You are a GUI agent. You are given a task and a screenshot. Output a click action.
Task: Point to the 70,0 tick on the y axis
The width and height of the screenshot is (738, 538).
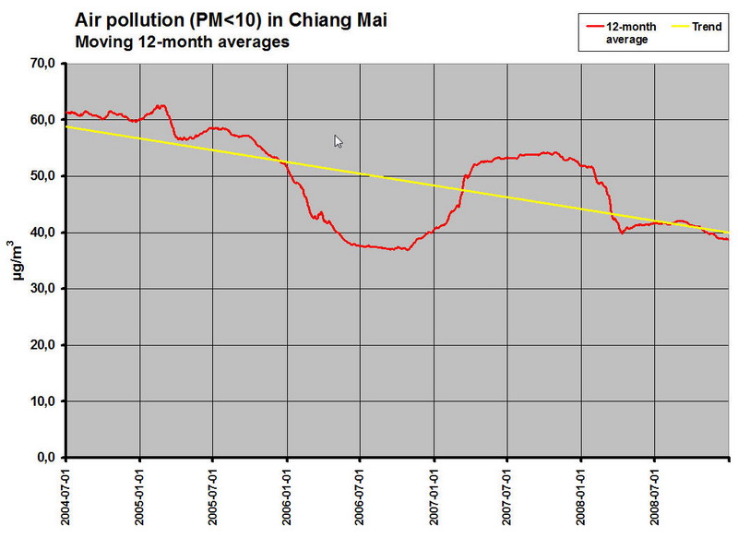click(x=43, y=63)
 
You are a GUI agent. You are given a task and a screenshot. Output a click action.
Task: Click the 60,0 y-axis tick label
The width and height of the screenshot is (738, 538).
click(x=43, y=119)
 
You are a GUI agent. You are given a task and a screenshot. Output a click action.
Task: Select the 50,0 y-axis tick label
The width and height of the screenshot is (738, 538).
click(x=43, y=175)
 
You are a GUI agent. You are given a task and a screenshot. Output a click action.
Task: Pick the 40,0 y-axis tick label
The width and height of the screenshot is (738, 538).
click(x=43, y=232)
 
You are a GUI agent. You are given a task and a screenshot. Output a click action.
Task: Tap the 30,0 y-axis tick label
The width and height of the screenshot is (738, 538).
click(x=43, y=288)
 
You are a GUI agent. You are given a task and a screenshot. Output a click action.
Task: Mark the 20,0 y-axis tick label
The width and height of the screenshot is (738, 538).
click(x=43, y=344)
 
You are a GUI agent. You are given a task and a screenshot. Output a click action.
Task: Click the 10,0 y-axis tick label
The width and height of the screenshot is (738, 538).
click(x=43, y=401)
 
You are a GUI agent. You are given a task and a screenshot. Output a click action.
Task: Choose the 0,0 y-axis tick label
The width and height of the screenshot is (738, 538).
click(x=46, y=457)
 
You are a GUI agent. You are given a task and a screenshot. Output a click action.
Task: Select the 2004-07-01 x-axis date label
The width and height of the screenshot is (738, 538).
click(x=66, y=496)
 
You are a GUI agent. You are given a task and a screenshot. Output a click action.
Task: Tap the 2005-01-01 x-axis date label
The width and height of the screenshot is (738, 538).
click(x=140, y=496)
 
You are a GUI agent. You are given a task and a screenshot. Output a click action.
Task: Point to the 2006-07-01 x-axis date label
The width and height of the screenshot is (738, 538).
click(x=361, y=496)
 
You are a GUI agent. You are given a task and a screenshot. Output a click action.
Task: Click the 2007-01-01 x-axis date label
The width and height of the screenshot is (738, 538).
click(x=434, y=496)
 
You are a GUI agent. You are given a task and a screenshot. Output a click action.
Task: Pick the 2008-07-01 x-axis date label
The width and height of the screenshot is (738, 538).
click(x=655, y=496)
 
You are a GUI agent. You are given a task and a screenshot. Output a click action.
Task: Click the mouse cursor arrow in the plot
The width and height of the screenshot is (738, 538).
click(x=339, y=141)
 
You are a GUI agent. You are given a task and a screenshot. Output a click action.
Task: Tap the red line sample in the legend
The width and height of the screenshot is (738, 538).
click(x=592, y=27)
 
